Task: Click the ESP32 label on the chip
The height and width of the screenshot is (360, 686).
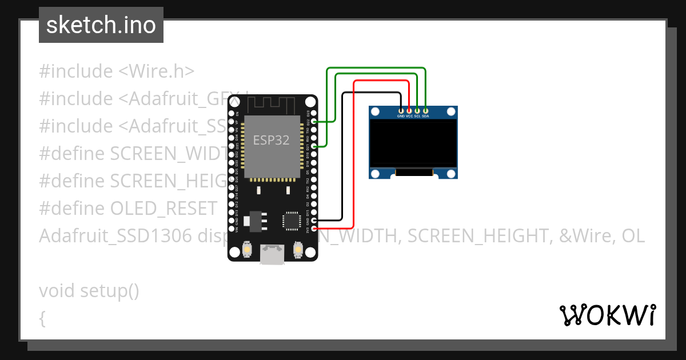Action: [272, 140]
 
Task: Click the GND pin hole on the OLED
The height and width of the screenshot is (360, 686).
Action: [401, 110]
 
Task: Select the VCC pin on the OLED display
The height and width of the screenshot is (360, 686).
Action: [409, 110]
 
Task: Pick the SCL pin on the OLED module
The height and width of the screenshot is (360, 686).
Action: [417, 110]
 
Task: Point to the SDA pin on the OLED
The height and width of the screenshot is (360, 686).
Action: [425, 110]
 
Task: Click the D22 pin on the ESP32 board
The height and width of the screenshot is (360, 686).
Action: [314, 122]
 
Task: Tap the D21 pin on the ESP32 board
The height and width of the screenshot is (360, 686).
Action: [314, 146]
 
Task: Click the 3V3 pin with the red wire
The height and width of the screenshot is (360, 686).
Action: [314, 229]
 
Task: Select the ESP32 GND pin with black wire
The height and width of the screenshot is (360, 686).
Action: [314, 220]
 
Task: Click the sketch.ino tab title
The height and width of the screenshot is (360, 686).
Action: [101, 26]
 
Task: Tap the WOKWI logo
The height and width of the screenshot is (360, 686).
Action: [608, 315]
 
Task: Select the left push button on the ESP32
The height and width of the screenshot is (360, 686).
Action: [248, 250]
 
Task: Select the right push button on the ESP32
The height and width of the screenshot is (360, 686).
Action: [297, 250]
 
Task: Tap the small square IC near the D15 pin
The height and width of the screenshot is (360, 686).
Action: [292, 220]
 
